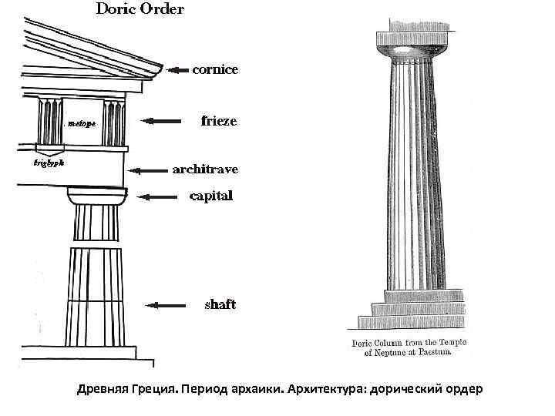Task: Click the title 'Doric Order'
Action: [x=140, y=10]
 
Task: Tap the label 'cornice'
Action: [x=215, y=69]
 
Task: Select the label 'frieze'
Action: [x=219, y=121]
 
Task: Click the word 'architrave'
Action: [x=205, y=169]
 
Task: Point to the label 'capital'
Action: [x=211, y=196]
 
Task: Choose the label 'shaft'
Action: [x=220, y=304]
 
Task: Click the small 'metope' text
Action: [x=82, y=122]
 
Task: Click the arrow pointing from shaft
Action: [x=166, y=306]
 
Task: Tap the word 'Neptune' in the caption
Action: [x=394, y=352]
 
